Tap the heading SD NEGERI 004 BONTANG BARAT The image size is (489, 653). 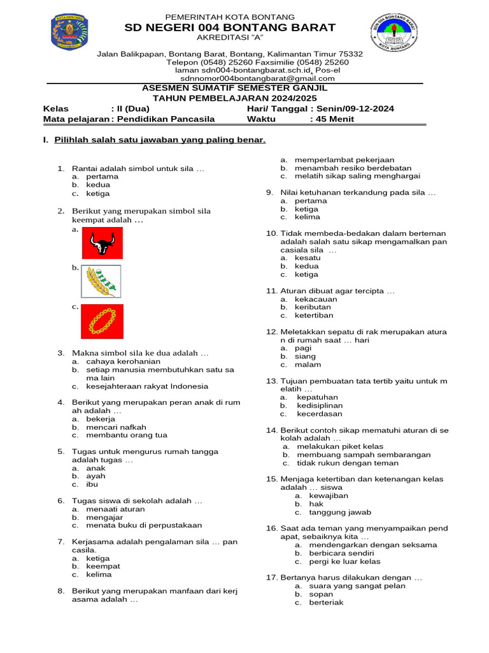pyautogui.click(x=230, y=27)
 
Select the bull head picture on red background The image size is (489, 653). pyautogui.click(x=102, y=243)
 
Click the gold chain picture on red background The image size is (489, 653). pyautogui.click(x=102, y=321)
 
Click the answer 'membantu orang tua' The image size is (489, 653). pyautogui.click(x=127, y=435)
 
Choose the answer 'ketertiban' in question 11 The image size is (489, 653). pyautogui.click(x=314, y=315)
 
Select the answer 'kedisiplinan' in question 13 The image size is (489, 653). pyautogui.click(x=320, y=405)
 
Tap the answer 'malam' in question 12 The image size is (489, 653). pyautogui.click(x=308, y=365)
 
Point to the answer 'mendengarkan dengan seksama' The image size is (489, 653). pyautogui.click(x=373, y=545)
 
